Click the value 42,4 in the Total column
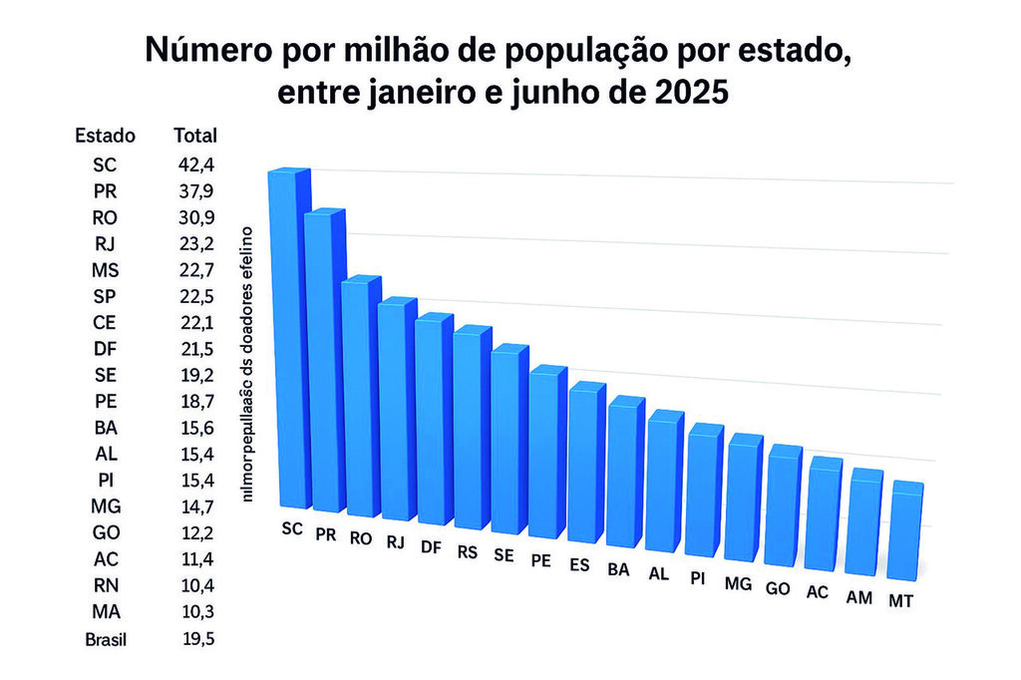pyautogui.click(x=194, y=165)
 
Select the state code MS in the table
pyautogui.click(x=105, y=269)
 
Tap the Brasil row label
pyautogui.click(x=105, y=639)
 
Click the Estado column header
pyautogui.click(x=105, y=136)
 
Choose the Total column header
pyautogui.click(x=194, y=136)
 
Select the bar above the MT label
pyautogui.click(x=906, y=532)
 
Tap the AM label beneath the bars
pyautogui.click(x=859, y=596)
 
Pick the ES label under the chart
pyautogui.click(x=579, y=564)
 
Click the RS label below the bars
pyautogui.click(x=467, y=551)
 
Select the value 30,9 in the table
pyautogui.click(x=194, y=216)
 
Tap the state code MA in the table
pyautogui.click(x=105, y=610)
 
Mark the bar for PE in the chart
pyautogui.click(x=547, y=455)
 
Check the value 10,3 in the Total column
pyautogui.click(x=194, y=610)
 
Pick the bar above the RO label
pyautogui.click(x=361, y=399)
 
